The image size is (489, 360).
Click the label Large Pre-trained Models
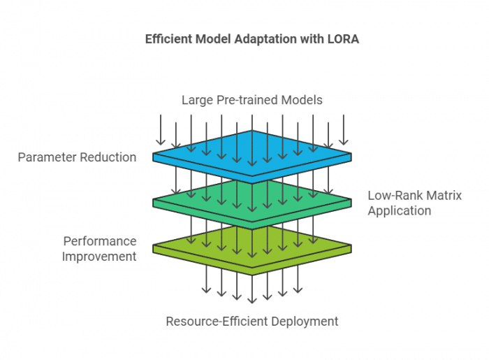251,100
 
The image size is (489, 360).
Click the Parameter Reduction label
77,157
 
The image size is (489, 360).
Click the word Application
400,210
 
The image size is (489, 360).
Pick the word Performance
100,241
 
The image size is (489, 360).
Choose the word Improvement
99,256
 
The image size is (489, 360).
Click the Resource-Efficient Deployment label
251,322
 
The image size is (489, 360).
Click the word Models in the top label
302,100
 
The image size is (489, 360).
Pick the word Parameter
50,157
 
